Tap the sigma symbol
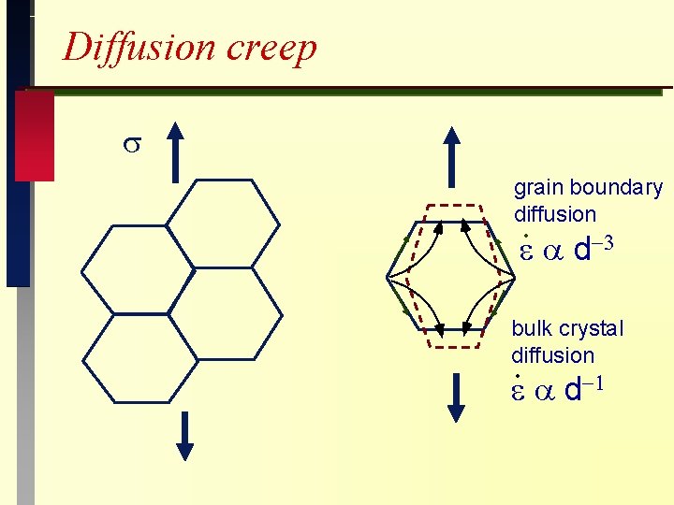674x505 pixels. pos(132,145)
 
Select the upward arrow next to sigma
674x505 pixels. pos(177,153)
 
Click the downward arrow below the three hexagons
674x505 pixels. pos(184,435)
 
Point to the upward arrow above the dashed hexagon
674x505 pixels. pos(453,158)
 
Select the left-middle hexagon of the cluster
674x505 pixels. pos(139,270)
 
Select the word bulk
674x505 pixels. pos(532,329)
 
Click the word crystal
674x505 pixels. pos(591,329)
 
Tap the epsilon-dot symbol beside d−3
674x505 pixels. pos(527,251)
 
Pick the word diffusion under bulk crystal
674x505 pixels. pos(552,355)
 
